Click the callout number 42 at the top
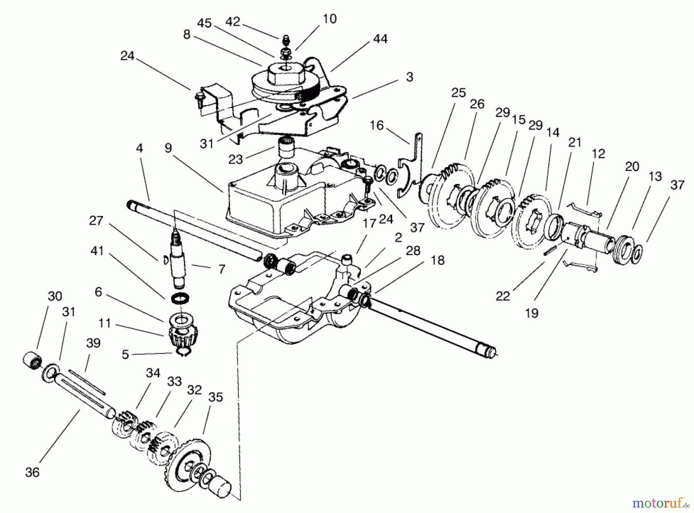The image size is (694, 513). click(x=232, y=22)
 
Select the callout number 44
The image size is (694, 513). click(x=380, y=39)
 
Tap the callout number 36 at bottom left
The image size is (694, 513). click(x=32, y=472)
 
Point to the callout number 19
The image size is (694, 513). click(x=532, y=313)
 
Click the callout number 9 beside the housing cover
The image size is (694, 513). click(x=168, y=149)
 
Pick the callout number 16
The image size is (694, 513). click(x=377, y=126)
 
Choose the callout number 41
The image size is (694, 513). click(x=97, y=251)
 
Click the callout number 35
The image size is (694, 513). click(x=216, y=397)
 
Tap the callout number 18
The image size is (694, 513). click(x=438, y=260)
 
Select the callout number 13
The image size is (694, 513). click(x=655, y=176)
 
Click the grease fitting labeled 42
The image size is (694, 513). click(x=286, y=40)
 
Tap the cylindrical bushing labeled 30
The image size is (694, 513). click(x=31, y=361)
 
